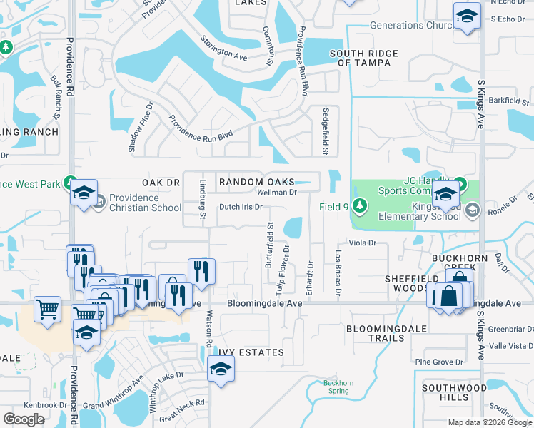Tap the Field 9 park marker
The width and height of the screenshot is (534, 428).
(360, 206)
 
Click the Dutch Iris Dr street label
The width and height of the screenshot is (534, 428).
(241, 207)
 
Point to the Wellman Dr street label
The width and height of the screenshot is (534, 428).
(276, 193)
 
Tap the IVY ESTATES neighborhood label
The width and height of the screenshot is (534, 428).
(251, 353)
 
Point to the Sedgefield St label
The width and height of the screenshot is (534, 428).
(325, 131)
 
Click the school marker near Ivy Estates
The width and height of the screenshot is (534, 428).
(221, 369)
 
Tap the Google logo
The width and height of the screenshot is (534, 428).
(24, 419)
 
